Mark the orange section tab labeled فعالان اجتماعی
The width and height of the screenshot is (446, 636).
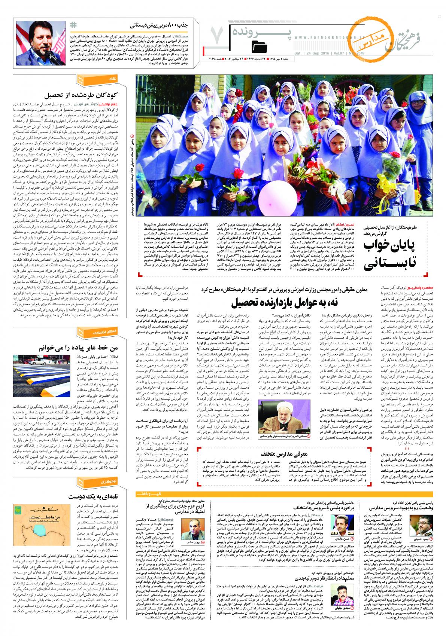(86, 332)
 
